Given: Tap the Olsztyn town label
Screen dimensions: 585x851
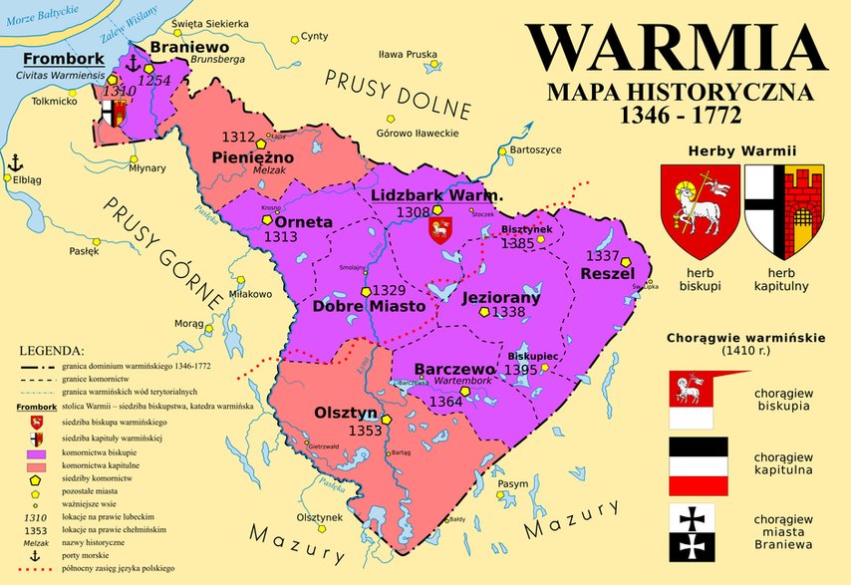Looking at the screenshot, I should [x=346, y=413].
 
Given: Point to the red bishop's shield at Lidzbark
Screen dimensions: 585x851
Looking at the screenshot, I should [x=438, y=231].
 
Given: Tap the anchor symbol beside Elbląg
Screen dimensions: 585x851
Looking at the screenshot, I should [x=15, y=162].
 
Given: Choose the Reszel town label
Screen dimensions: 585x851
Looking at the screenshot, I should [x=607, y=273].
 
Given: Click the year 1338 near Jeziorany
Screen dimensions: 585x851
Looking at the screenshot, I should [x=508, y=312].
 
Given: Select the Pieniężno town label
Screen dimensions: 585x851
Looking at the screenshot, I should [x=253, y=157].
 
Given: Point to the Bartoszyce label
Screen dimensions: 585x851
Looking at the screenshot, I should [x=535, y=149].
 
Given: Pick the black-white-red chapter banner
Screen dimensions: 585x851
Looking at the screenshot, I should [x=698, y=466].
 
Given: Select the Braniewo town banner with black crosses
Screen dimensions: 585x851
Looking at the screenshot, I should [x=698, y=531].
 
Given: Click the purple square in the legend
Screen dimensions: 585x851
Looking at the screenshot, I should [x=37, y=453].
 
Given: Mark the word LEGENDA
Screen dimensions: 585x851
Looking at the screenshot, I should [x=52, y=352].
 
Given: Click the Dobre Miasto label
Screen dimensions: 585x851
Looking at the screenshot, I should [x=370, y=307].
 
